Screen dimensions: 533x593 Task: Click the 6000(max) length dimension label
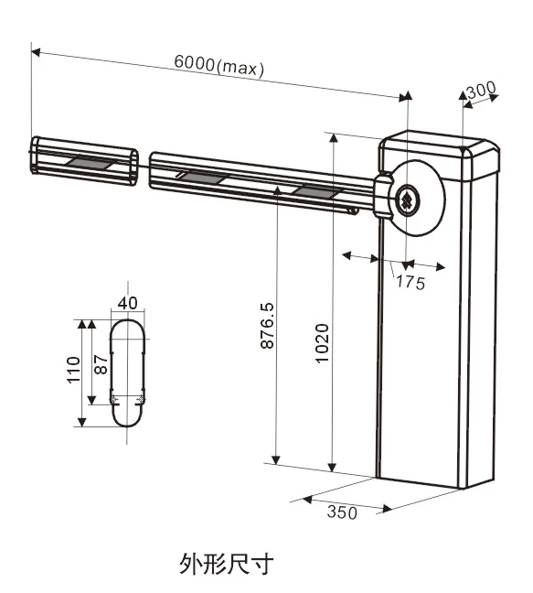(219, 67)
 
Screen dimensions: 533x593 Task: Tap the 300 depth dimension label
(481, 90)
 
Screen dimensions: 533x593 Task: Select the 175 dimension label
(410, 283)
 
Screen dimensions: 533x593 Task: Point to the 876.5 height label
(268, 325)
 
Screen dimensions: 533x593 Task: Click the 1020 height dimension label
(322, 343)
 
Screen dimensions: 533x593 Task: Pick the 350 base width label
(342, 512)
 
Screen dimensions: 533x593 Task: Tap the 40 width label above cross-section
(127, 303)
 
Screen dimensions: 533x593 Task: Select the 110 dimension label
(74, 370)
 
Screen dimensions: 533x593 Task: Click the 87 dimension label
(101, 364)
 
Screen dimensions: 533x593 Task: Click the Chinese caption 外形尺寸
(226, 564)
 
